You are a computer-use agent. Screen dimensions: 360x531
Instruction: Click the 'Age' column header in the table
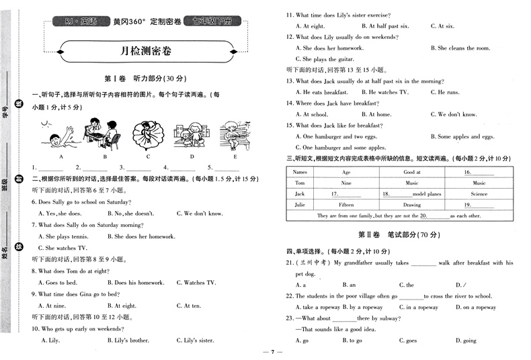346,172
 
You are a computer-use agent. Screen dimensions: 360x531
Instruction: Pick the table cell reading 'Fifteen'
346,205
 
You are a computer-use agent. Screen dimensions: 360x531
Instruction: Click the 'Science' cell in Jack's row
479,193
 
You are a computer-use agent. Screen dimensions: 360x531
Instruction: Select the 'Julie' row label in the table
300,205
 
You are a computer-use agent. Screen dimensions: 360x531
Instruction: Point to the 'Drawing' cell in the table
411,205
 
